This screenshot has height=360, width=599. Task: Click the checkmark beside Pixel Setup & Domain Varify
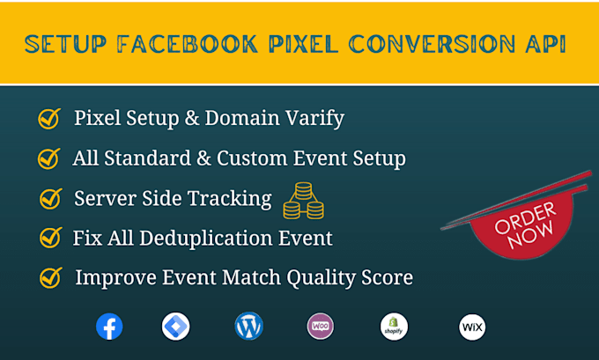click(x=48, y=118)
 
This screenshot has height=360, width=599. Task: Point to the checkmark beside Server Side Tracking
click(x=50, y=199)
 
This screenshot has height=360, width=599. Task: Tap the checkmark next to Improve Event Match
click(x=50, y=278)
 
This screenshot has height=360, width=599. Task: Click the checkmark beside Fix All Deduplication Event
click(x=49, y=238)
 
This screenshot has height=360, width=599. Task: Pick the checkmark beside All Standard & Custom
click(x=48, y=158)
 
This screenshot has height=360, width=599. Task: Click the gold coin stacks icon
click(x=303, y=201)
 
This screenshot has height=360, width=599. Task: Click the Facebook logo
click(x=109, y=327)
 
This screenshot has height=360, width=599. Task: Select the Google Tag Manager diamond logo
click(x=176, y=327)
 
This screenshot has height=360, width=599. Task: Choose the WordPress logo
click(x=249, y=327)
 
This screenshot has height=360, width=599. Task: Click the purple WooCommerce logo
click(x=321, y=327)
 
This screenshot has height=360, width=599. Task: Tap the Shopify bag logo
click(x=394, y=327)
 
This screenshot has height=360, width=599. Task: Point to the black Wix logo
click(x=472, y=327)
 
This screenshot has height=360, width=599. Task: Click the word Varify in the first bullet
click(x=312, y=118)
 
